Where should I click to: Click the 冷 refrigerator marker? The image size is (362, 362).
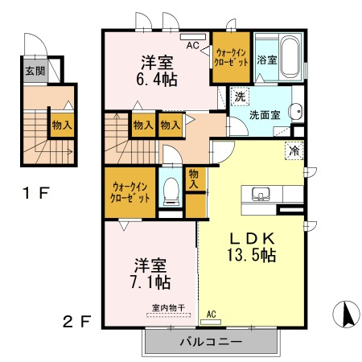[x=294, y=150]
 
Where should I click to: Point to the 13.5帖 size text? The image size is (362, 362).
[x=251, y=256]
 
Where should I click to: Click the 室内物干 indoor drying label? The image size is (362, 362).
[x=169, y=307]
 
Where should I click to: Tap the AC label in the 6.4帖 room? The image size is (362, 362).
[x=192, y=46]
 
